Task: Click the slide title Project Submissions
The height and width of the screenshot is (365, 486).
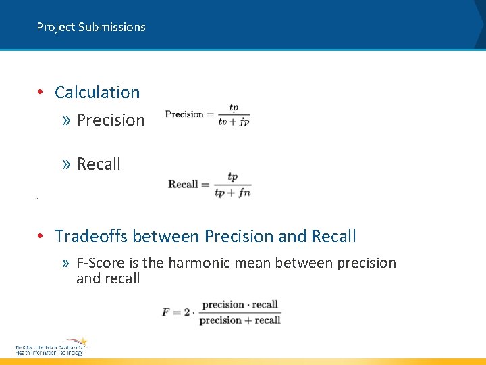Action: pos(91,27)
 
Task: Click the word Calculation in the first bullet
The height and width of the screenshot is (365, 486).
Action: pos(97,93)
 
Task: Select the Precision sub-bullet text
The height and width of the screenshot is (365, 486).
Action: pos(111,120)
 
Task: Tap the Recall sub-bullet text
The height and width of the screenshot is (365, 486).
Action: pos(99,164)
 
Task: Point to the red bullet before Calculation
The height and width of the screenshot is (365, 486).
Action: pos(41,93)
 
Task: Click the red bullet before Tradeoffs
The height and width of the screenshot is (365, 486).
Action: pos(41,237)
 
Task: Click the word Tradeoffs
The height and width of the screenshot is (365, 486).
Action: pos(92,237)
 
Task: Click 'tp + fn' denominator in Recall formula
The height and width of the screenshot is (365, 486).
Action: pos(232,193)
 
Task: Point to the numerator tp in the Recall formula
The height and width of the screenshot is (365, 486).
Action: pos(232,177)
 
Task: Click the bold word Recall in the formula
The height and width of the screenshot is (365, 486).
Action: pos(183,184)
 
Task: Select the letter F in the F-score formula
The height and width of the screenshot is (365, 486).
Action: pos(166,312)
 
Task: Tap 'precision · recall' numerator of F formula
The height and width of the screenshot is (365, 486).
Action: pos(240,305)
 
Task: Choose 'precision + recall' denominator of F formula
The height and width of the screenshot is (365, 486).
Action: pos(240,320)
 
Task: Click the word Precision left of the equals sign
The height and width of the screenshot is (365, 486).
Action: pos(184,114)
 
